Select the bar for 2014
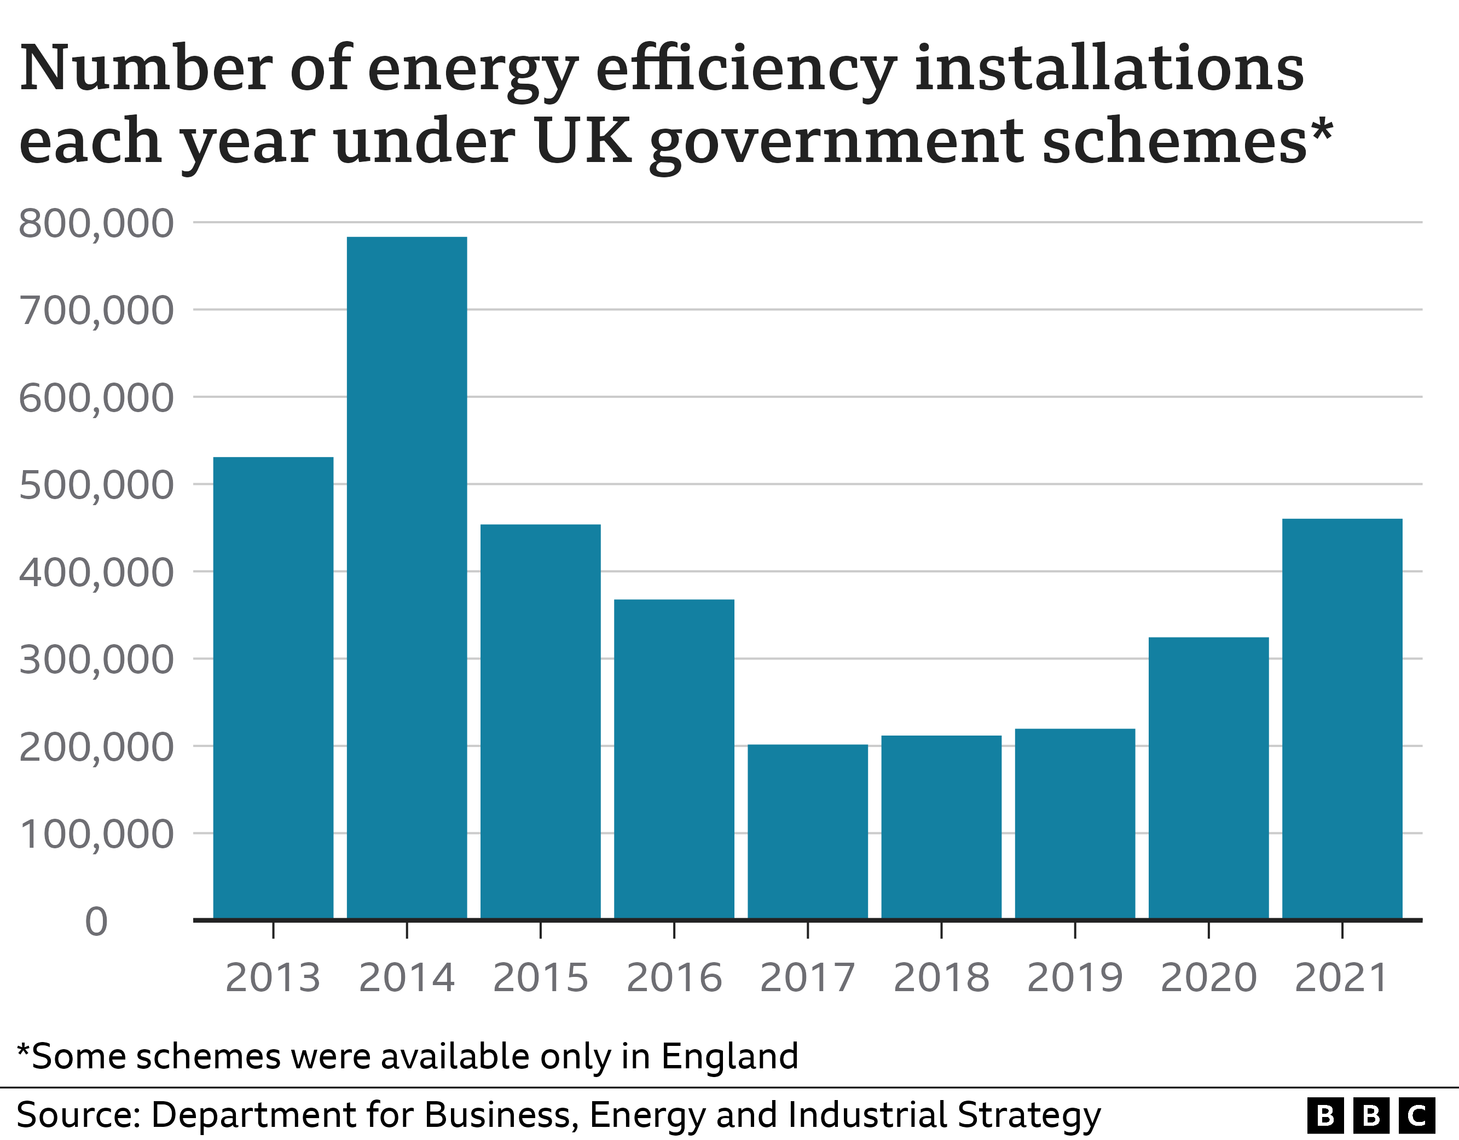point(407,578)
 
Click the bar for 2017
point(808,832)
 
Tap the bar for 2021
point(1342,719)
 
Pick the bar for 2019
point(1075,824)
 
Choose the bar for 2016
point(674,759)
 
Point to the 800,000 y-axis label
point(96,223)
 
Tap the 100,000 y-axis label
point(96,834)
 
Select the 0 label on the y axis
point(96,922)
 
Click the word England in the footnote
point(730,1056)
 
